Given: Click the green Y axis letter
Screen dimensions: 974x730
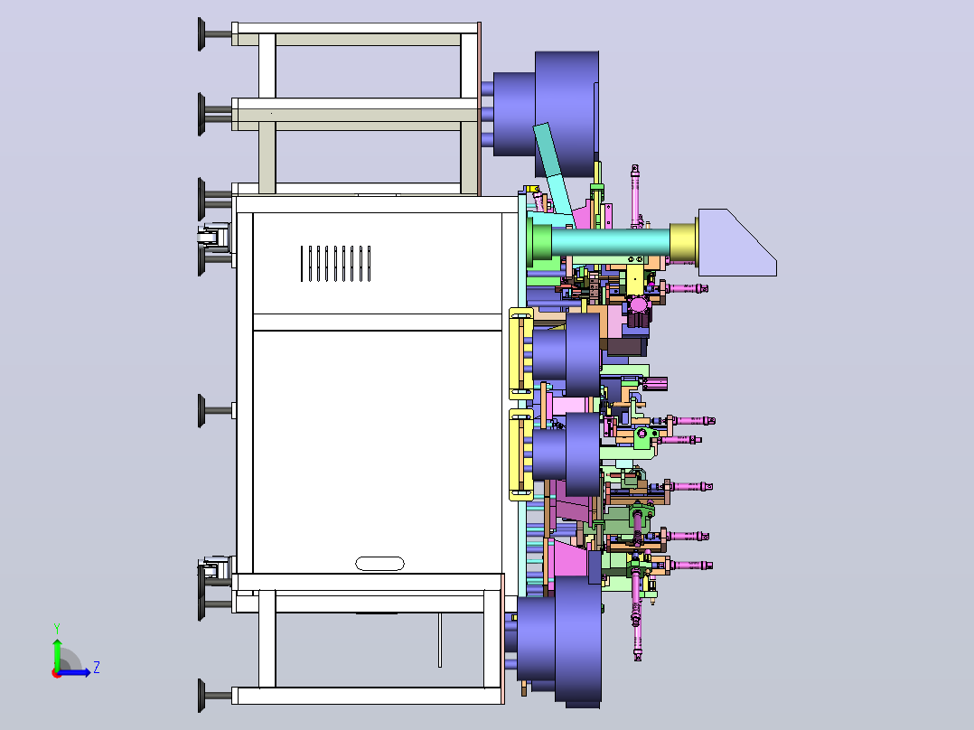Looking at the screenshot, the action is tap(57, 629).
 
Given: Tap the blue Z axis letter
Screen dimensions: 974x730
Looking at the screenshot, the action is tap(97, 668).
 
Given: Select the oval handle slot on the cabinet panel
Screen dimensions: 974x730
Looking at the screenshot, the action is tap(379, 564).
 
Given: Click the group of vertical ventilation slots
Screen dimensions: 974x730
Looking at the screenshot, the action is tap(335, 264).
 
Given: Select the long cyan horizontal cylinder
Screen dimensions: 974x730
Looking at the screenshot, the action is tap(610, 241).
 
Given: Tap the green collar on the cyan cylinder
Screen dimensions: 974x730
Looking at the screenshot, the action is tap(539, 241).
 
